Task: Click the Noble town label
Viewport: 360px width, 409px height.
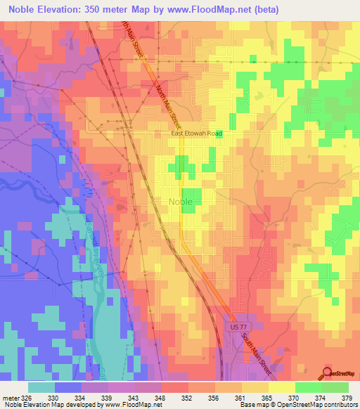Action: tap(180, 202)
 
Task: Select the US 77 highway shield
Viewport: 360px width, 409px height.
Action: tap(235, 327)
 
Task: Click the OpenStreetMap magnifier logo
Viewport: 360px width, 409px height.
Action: tap(328, 372)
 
